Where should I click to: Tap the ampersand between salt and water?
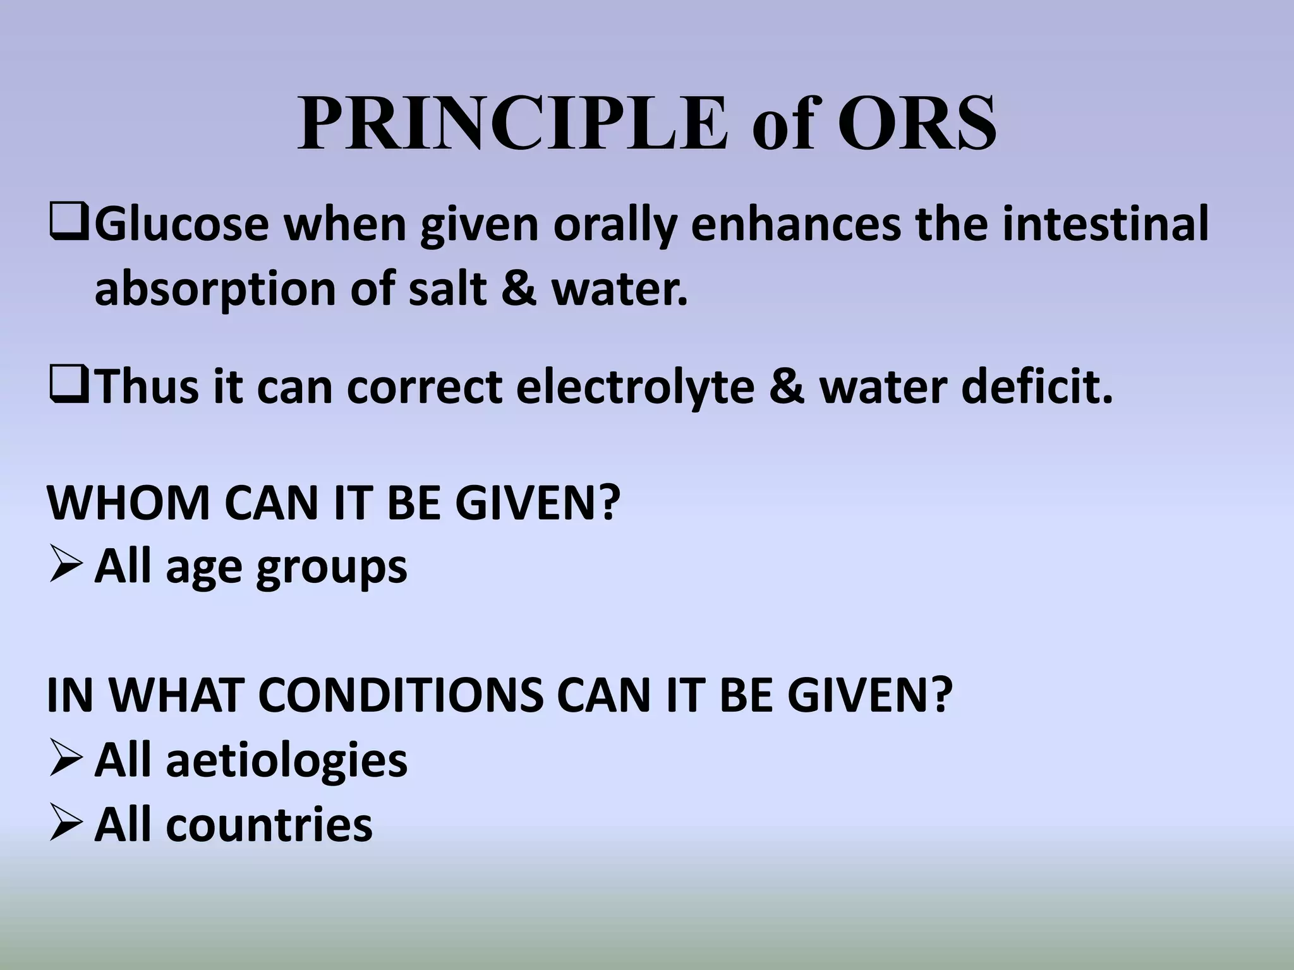pyautogui.click(x=519, y=288)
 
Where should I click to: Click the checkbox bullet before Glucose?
pyautogui.click(x=69, y=224)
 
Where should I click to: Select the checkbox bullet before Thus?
pyautogui.click(x=69, y=386)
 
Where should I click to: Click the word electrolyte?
pyautogui.click(x=635, y=386)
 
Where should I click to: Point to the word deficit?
pyautogui.click(x=1037, y=386)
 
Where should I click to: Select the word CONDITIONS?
pyautogui.click(x=401, y=695)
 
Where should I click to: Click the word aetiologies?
pyautogui.click(x=287, y=760)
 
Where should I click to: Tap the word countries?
pyautogui.click(x=269, y=825)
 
